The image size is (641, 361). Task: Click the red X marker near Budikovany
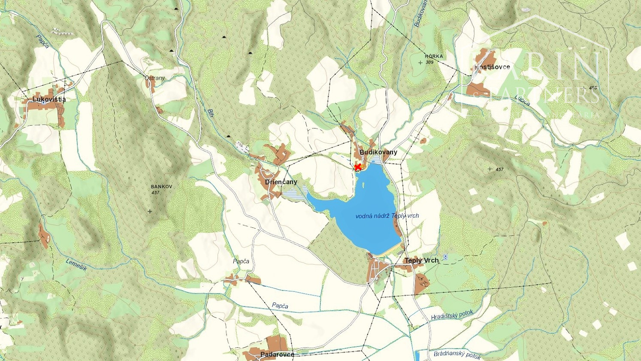click(x=358, y=167)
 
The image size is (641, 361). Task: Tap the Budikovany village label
click(x=378, y=152)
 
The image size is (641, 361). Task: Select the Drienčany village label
click(x=281, y=182)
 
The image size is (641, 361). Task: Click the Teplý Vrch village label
click(x=422, y=260)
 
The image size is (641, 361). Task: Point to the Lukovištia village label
click(x=49, y=99)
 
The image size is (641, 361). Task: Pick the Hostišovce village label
click(x=492, y=67)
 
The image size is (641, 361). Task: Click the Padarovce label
click(x=277, y=355)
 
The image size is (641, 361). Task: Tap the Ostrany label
click(x=154, y=78)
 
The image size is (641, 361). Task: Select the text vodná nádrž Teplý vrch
click(x=387, y=216)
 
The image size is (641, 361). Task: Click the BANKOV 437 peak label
click(x=161, y=190)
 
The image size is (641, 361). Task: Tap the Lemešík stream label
click(x=76, y=264)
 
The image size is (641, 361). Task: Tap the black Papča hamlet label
click(x=241, y=261)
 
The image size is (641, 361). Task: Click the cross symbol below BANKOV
click(x=150, y=211)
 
